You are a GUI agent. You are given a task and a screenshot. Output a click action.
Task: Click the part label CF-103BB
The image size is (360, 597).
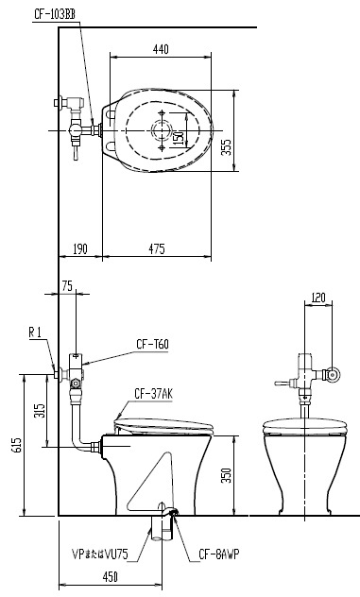[55, 14]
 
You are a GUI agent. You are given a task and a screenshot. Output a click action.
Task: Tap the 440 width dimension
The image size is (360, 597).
[161, 49]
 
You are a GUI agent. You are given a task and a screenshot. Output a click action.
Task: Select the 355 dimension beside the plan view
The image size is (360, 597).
[227, 147]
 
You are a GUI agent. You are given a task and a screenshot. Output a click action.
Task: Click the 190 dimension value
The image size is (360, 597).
[79, 249]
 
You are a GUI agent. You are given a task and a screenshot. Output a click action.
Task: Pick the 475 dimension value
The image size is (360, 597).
[157, 249]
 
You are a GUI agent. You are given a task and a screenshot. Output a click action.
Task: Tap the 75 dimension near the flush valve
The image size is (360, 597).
[67, 286]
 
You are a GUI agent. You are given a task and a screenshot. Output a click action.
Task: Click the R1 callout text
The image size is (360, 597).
[35, 333]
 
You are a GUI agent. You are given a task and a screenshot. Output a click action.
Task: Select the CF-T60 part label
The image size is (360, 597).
[152, 344]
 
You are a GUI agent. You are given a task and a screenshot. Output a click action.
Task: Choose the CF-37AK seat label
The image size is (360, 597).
[153, 394]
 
